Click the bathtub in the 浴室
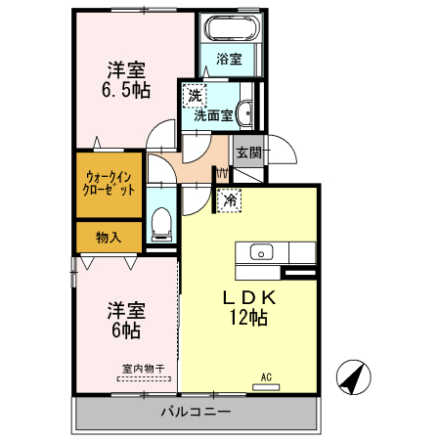pyautogui.click(x=232, y=27)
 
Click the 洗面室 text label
pyautogui.click(x=213, y=114)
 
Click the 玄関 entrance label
pyautogui.click(x=248, y=153)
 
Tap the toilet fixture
pyautogui.click(x=161, y=226)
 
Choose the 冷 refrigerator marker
pyautogui.click(x=230, y=200)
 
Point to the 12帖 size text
pyautogui.click(x=249, y=318)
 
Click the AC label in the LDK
pyautogui.click(x=266, y=377)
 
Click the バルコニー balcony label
pyautogui.click(x=197, y=413)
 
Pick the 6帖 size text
pyautogui.click(x=125, y=330)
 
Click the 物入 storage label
pyautogui.click(x=109, y=237)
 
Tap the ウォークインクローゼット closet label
pyautogui.click(x=110, y=184)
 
